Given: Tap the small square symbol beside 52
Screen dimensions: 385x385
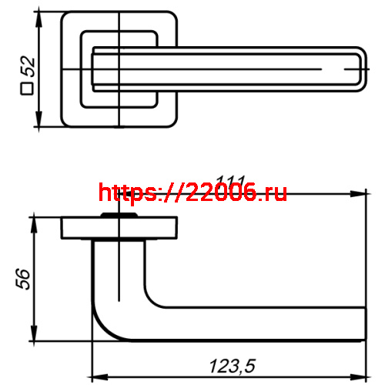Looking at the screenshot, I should pos(26,90).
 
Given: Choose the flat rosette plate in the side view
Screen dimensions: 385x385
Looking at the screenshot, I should pos(119,229).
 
